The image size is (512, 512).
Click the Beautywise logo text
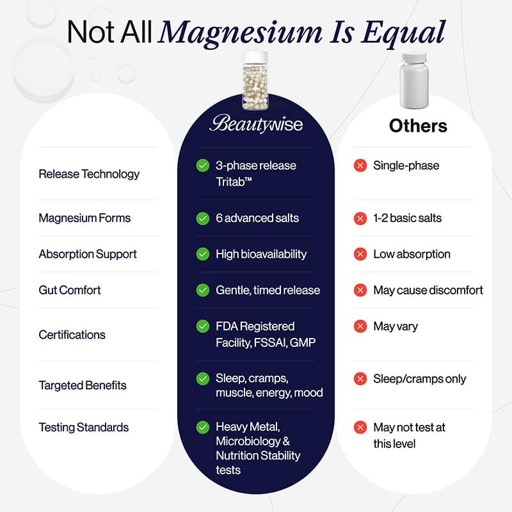coord(256,124)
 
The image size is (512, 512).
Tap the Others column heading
coord(418,125)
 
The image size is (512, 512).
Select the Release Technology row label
coord(89,174)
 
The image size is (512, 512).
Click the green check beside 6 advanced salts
coord(203,218)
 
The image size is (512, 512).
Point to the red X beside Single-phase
coord(360,166)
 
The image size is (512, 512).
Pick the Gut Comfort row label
coord(70,290)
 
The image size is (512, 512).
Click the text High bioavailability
coord(261,254)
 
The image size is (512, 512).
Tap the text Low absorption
coord(412,254)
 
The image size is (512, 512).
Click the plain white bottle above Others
coord(413,81)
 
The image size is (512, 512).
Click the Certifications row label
coord(72,335)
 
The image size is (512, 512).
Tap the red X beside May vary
coord(360,326)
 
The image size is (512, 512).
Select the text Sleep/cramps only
coord(419,379)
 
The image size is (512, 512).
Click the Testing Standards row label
coord(84,428)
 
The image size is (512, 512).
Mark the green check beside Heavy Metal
coord(203,428)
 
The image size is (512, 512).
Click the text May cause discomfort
coord(428,290)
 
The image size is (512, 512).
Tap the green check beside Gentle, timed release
coord(203,290)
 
